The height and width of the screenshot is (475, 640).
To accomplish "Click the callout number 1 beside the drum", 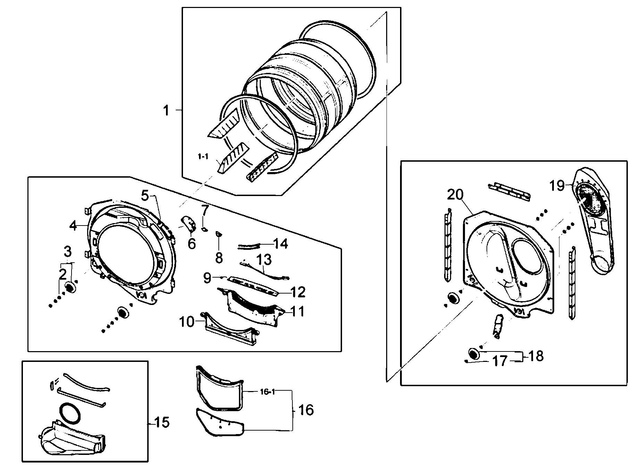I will point(166,111).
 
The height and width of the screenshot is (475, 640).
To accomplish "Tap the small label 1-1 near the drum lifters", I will point(203,157).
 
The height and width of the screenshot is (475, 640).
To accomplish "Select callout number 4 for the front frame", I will point(73,226).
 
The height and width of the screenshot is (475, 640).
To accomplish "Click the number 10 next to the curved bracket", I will point(187,322).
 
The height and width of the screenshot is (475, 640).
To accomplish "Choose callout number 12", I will point(298,292).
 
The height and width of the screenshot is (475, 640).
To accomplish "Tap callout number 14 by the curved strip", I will point(281,244).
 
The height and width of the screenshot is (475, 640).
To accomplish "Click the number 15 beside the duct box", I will point(161,423).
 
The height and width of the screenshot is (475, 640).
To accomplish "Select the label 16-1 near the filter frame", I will point(267,392).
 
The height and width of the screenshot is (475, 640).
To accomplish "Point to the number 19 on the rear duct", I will point(557,186).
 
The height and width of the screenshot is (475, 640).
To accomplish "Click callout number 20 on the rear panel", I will point(455,195).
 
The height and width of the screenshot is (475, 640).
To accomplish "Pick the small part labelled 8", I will point(218,234).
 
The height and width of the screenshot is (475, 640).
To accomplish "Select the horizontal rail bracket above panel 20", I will point(509,191).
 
